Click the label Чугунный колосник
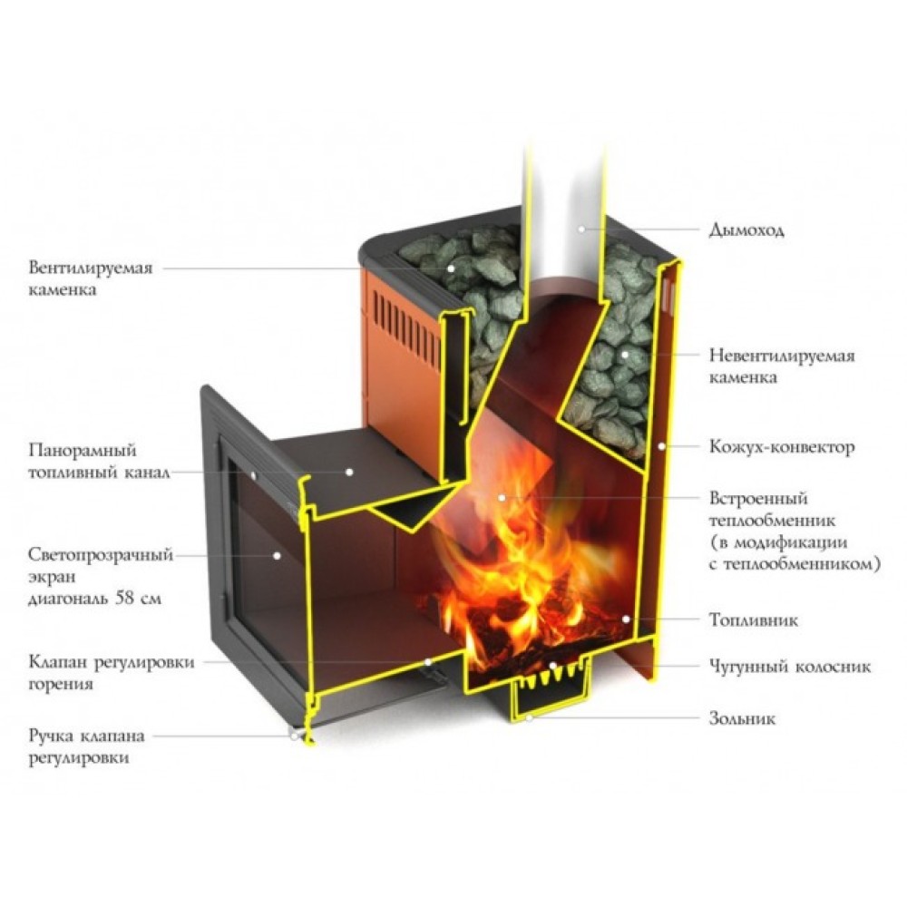click(789, 667)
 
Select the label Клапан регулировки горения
click(111, 672)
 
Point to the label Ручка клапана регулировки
click(86, 746)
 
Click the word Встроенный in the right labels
click(756, 499)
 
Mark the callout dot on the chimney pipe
click(580, 229)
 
